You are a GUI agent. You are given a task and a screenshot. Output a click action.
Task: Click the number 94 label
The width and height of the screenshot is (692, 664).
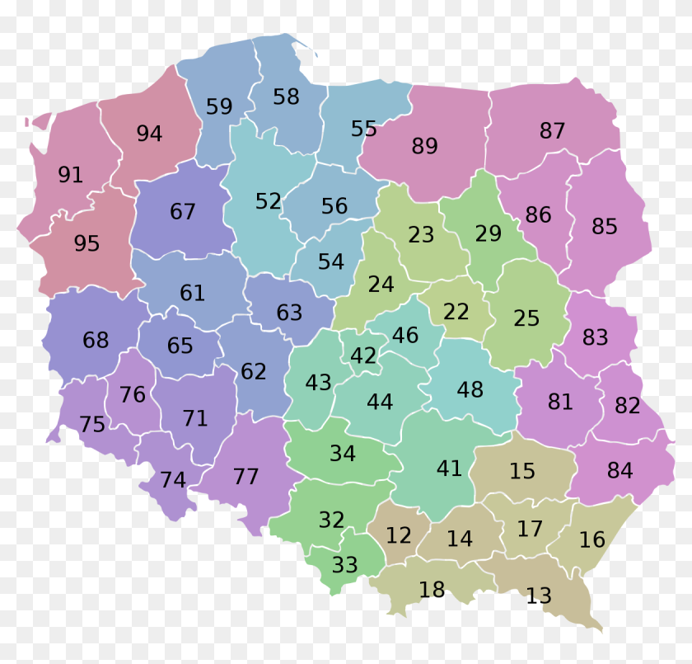point(149,134)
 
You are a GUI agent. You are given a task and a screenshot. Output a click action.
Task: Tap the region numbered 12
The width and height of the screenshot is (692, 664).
point(399,535)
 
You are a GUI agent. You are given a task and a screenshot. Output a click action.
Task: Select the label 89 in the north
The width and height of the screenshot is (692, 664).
point(424,147)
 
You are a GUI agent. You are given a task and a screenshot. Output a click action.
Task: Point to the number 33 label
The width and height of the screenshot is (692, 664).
point(345,566)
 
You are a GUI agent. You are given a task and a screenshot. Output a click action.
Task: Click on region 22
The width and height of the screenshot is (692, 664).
point(456,313)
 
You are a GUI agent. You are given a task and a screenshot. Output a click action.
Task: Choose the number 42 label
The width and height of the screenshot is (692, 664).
point(363,356)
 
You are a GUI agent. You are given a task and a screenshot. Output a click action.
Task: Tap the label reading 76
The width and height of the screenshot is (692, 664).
point(133,395)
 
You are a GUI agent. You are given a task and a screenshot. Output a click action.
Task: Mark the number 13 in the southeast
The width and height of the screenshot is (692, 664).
point(539,596)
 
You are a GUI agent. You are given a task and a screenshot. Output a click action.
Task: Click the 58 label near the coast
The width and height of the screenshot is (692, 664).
point(286,97)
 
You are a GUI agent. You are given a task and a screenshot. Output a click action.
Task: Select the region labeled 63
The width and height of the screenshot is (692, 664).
point(289,313)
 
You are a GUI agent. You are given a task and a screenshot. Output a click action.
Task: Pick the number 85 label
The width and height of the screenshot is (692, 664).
point(604,227)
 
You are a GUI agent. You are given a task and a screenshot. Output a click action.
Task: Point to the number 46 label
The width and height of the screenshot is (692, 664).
point(405,336)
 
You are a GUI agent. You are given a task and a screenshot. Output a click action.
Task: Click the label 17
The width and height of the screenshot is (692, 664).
point(530,530)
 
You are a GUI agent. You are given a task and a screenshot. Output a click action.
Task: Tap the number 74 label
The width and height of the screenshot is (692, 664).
point(173,480)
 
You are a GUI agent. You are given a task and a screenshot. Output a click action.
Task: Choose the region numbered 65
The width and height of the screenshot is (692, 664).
point(180,346)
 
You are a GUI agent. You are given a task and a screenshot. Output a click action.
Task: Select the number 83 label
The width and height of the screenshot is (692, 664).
point(595,337)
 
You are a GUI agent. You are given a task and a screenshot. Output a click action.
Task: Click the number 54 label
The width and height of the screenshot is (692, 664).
point(331,262)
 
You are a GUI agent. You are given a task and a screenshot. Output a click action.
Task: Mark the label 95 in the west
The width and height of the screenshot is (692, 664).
point(86,244)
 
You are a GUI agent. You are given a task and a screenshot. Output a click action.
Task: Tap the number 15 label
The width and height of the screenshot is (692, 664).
point(522,472)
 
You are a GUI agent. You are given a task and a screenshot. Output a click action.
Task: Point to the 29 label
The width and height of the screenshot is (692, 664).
point(489,234)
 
